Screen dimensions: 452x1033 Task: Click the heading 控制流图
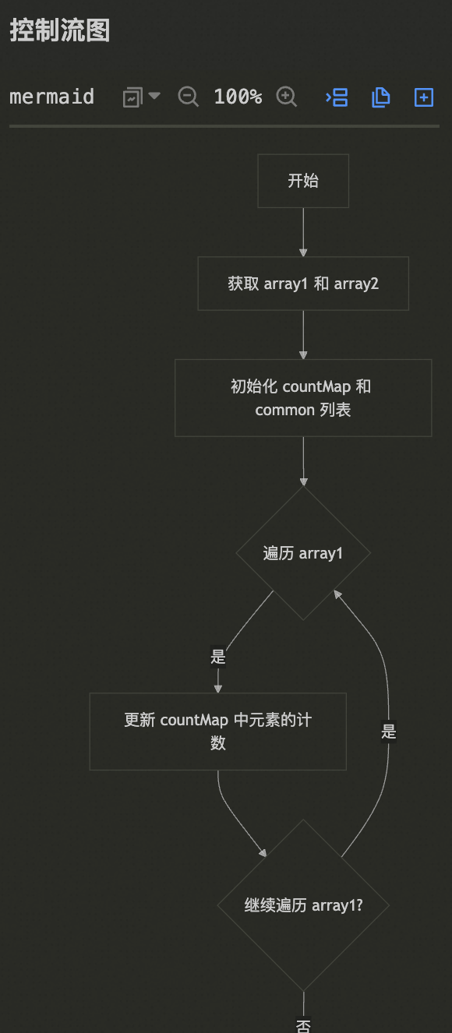[x=60, y=30]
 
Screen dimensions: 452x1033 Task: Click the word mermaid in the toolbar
[x=51, y=97]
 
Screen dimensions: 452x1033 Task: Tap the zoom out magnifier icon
[x=188, y=97]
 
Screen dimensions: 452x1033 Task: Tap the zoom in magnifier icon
[x=287, y=97]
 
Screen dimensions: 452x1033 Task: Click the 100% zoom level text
[x=238, y=97]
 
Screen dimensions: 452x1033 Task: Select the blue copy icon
[x=381, y=97]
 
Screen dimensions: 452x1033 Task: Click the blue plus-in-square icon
[x=424, y=97]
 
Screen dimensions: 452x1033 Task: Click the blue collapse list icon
[x=337, y=97]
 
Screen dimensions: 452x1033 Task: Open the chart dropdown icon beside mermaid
[x=141, y=97]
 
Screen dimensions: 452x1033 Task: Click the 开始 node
[x=303, y=181]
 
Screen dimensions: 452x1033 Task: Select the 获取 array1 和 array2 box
[x=303, y=284]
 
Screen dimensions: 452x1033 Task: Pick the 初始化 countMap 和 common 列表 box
[x=303, y=398]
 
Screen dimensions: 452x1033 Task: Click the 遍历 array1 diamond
[x=303, y=553]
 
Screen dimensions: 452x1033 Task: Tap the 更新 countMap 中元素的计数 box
[x=217, y=732]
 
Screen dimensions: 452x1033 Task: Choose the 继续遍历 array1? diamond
[x=303, y=905]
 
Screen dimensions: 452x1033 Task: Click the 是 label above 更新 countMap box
[x=218, y=656]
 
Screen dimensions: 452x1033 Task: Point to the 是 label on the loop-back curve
[x=388, y=732]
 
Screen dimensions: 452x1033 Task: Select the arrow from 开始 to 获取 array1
[x=303, y=232]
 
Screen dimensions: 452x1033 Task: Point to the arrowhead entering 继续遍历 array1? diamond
[x=263, y=853]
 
